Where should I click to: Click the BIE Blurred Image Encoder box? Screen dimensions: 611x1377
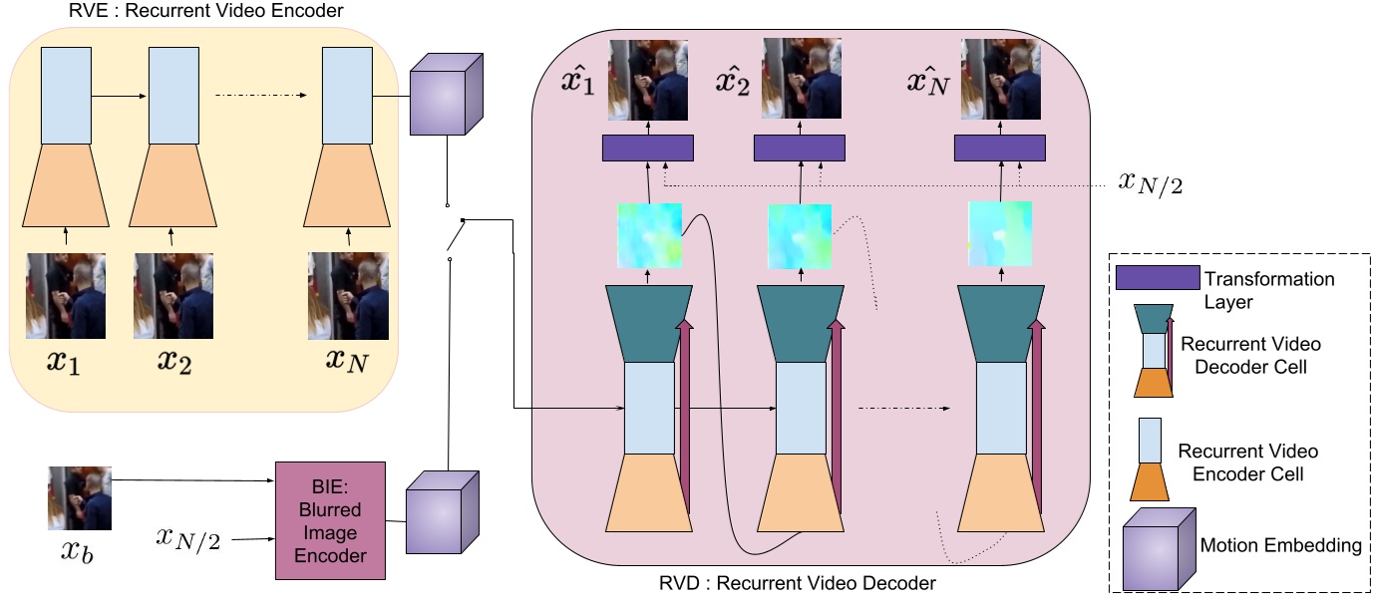(x=329, y=519)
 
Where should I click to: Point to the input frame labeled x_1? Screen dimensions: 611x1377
(x=66, y=296)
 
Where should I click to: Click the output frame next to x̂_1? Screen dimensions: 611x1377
(x=648, y=80)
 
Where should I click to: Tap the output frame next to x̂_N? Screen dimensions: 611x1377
(x=1000, y=80)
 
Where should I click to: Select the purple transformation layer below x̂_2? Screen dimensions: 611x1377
(x=799, y=149)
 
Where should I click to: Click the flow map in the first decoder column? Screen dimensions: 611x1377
(x=648, y=236)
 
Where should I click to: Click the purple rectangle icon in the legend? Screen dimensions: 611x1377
(x=1157, y=278)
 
